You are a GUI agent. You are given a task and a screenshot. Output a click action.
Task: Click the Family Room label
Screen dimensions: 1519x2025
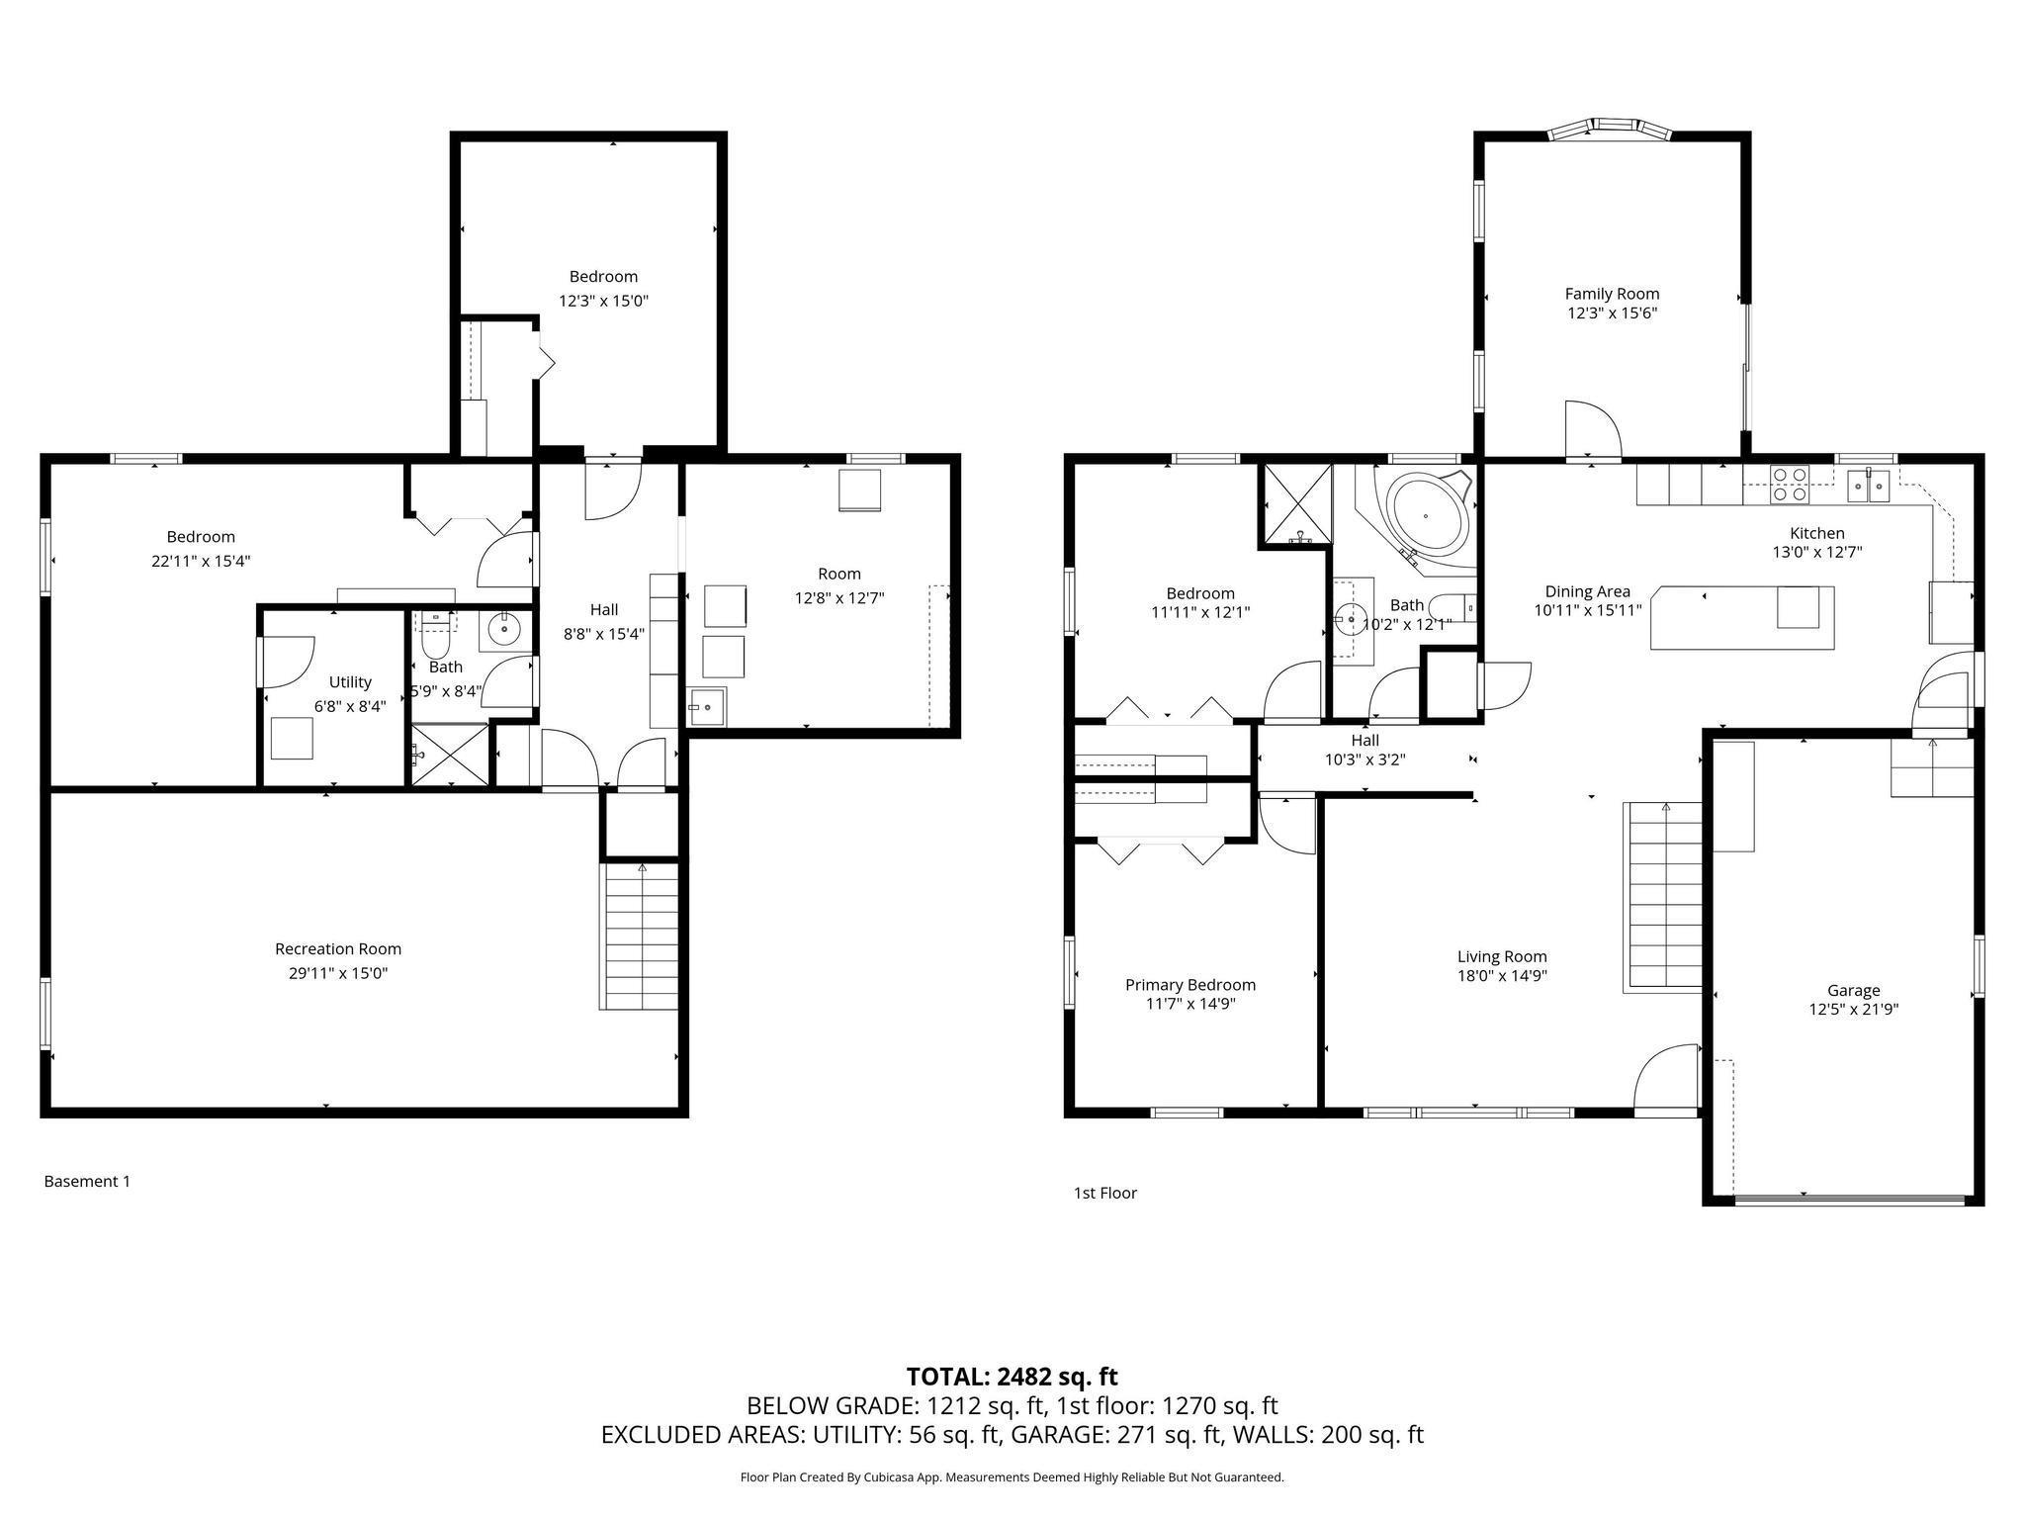point(1611,294)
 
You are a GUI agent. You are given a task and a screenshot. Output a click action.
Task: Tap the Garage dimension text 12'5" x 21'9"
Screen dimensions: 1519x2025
point(1853,1010)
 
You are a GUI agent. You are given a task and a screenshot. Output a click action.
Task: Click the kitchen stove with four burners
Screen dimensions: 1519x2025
point(1790,484)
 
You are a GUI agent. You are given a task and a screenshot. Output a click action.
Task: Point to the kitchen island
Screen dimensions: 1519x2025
point(1741,618)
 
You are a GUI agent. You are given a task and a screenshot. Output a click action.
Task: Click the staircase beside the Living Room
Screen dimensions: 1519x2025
point(1665,896)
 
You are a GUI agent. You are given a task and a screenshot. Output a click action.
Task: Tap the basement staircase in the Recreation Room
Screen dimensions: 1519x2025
point(640,936)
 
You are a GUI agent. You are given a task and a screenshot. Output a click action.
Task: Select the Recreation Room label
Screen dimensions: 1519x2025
point(338,949)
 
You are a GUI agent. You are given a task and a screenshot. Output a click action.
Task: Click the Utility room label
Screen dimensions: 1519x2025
point(350,682)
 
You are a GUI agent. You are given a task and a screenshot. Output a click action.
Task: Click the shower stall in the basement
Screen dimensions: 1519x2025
point(450,755)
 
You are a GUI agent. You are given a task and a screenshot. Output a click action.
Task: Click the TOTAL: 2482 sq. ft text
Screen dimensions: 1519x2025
point(1012,1377)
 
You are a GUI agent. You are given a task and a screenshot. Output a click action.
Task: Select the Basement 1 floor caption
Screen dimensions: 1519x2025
point(87,1181)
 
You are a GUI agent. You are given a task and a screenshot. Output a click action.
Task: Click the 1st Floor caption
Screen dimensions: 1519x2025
point(1104,1193)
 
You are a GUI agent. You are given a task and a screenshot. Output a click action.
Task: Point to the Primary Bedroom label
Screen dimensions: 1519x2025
point(1189,985)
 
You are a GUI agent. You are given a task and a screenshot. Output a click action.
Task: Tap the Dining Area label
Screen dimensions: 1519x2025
point(1587,591)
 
